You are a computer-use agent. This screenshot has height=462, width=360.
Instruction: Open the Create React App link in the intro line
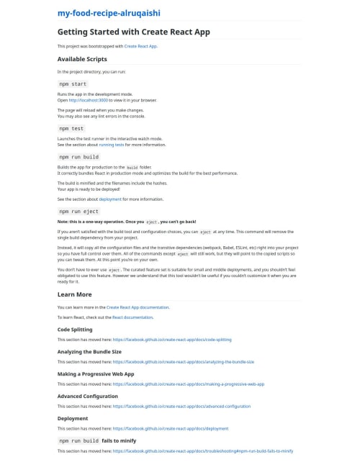point(140,46)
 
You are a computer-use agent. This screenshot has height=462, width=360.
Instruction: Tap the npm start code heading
point(73,83)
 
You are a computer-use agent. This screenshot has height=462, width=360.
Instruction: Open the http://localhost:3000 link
point(88,100)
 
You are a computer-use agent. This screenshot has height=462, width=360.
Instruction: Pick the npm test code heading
point(71,128)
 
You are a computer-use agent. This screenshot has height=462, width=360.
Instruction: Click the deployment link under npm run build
point(110,199)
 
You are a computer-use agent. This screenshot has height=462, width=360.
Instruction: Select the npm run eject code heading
point(78,211)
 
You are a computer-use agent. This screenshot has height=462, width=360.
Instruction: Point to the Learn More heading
point(74,294)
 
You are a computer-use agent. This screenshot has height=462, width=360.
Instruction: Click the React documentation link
point(132,317)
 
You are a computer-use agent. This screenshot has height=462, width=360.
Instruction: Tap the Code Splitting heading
point(75,329)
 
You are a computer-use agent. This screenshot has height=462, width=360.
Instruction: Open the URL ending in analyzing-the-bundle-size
point(183,362)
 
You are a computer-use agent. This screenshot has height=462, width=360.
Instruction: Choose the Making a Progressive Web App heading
point(96,373)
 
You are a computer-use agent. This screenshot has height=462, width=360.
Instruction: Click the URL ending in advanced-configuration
point(181,407)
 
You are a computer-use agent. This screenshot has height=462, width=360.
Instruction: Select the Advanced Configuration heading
point(87,396)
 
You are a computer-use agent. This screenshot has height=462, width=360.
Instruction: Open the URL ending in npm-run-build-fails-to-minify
point(202,451)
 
